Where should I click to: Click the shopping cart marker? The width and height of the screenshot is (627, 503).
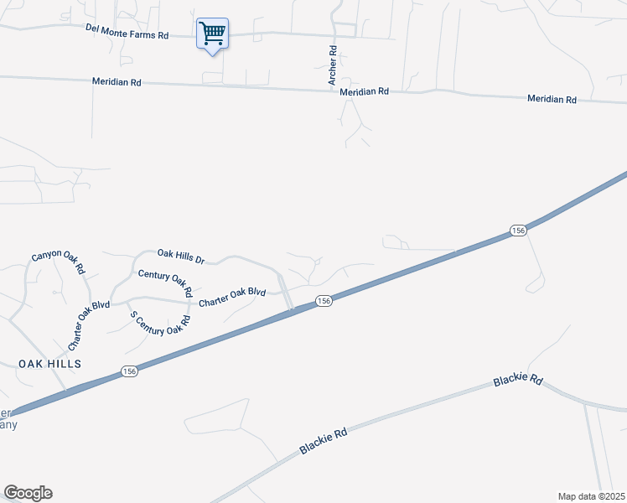[x=212, y=34]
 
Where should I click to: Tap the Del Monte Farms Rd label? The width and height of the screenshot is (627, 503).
[x=127, y=31]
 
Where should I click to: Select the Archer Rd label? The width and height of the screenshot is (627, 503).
[x=333, y=66]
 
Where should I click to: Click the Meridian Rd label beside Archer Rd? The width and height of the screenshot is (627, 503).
[x=365, y=91]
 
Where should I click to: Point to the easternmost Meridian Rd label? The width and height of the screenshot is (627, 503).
[x=552, y=99]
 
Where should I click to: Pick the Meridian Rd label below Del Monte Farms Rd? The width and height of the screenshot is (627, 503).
[x=117, y=82]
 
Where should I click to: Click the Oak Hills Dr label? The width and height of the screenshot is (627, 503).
[x=181, y=256]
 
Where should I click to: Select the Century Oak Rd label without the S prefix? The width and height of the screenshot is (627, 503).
[x=165, y=283]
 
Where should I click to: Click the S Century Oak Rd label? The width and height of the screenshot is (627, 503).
[x=156, y=323]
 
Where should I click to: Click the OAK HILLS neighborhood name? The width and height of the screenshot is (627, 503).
[x=50, y=363]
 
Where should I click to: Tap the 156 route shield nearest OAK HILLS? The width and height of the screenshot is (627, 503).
[x=128, y=371]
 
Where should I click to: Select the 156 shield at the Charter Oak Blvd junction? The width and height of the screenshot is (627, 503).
[x=324, y=300]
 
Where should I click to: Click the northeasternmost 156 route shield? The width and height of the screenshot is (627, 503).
[x=518, y=230]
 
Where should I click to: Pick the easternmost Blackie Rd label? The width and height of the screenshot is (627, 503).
[x=517, y=381]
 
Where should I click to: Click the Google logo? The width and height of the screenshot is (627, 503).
[x=28, y=493]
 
